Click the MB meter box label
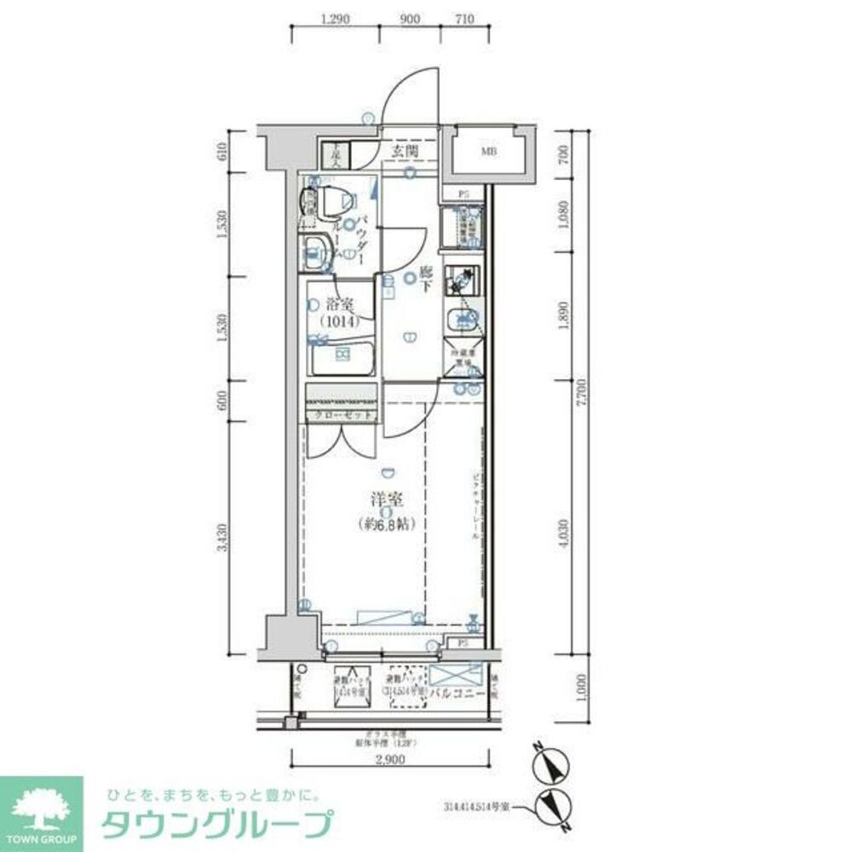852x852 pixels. point(488,153)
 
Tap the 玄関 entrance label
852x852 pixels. point(406,152)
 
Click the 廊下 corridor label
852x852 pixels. point(426,280)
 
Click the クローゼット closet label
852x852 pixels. point(340,415)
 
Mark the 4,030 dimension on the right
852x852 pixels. point(563,533)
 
